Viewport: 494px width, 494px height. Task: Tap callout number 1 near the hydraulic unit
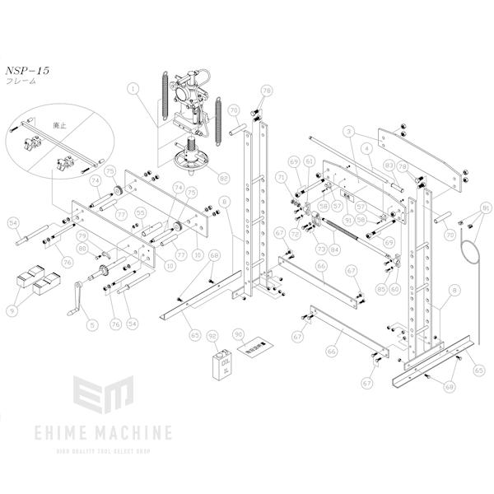coord(133,86)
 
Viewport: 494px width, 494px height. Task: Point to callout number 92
coord(212,336)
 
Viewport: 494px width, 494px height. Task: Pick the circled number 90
coord(239,335)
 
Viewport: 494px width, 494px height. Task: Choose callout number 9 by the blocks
coord(12,310)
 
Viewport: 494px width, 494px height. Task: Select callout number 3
coord(349,131)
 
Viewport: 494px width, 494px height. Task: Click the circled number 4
coord(364,149)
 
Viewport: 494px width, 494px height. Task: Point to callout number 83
coord(387,165)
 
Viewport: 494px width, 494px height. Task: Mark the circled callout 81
coord(485,207)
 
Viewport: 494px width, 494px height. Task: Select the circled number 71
coord(282,177)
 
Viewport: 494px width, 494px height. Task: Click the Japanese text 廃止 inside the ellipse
coord(59,125)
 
